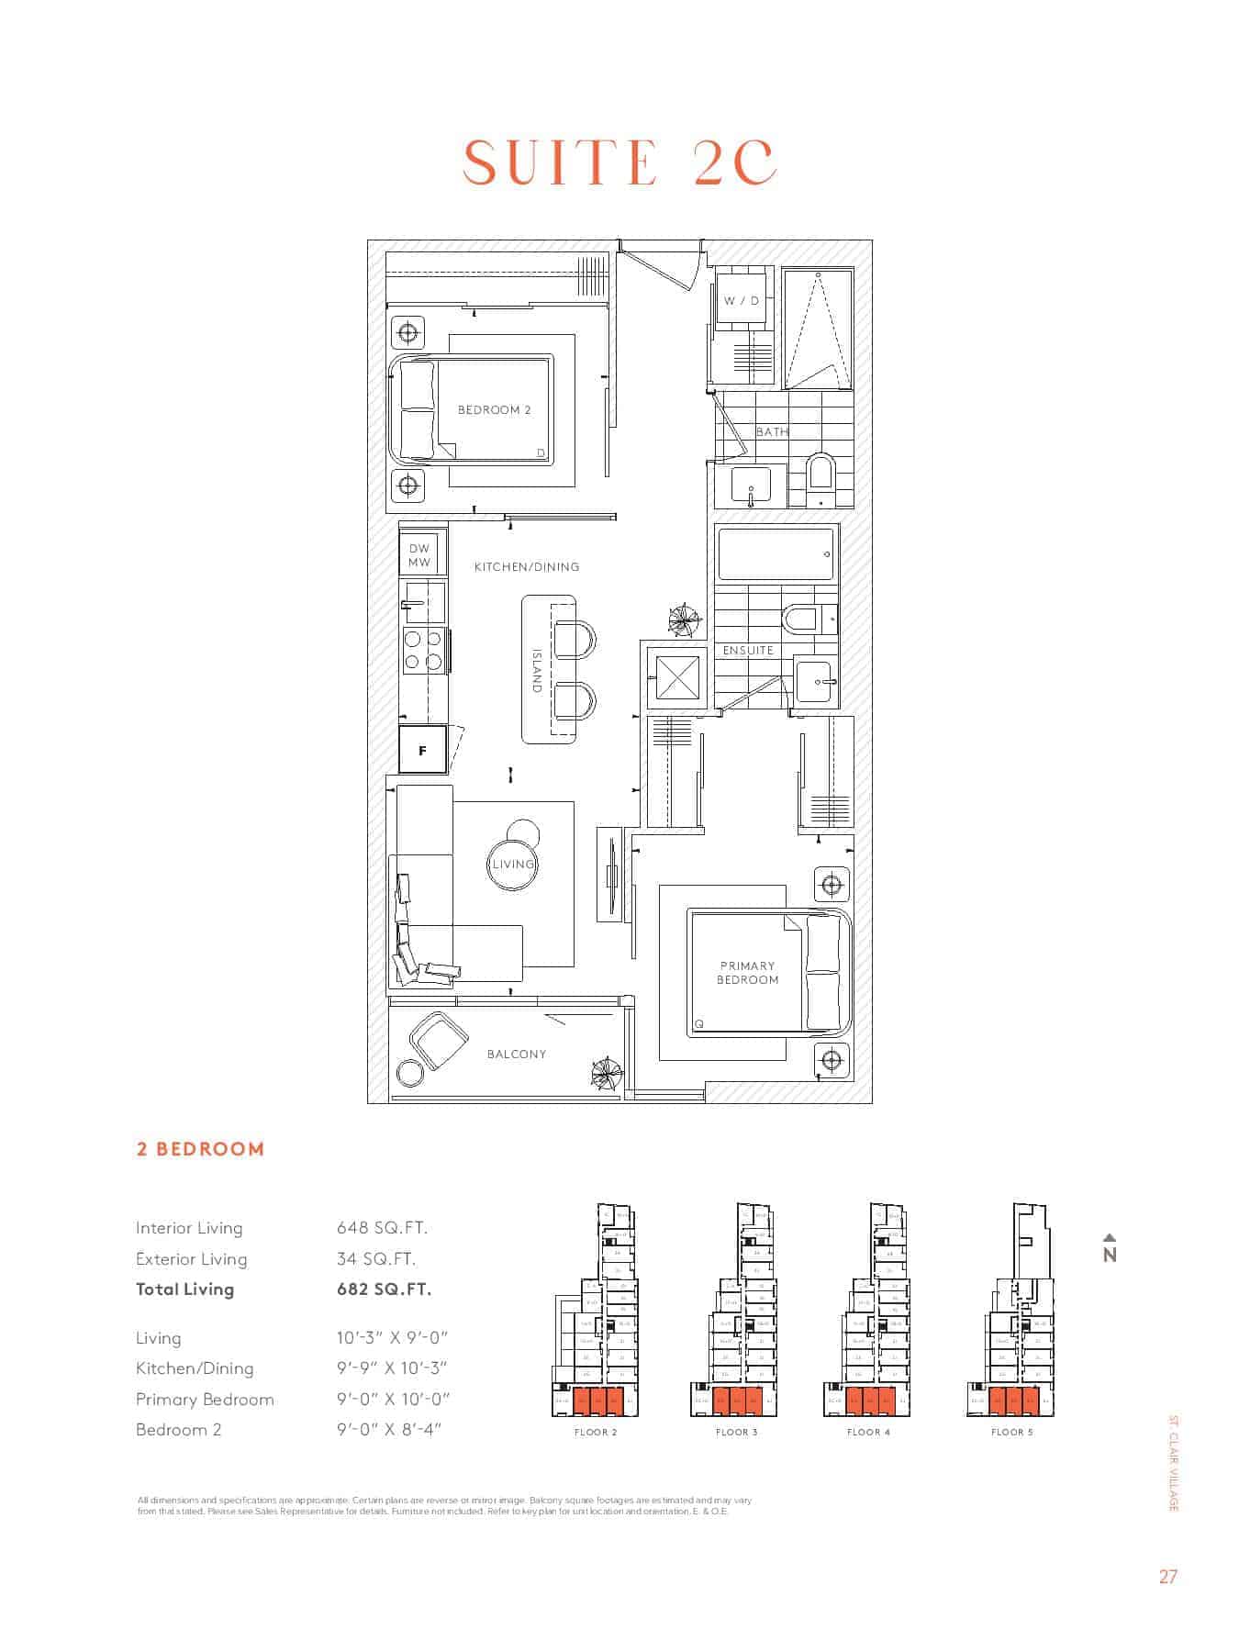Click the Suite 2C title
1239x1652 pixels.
coord(619,163)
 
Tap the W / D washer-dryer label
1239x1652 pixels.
coord(741,300)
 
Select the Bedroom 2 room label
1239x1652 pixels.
coord(494,410)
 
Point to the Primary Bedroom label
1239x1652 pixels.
coord(747,973)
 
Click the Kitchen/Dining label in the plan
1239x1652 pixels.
coord(527,567)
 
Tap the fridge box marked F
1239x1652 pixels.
coord(422,750)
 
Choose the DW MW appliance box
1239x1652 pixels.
coord(419,555)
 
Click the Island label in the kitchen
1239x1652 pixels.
coord(538,670)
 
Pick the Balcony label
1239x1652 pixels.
coord(517,1054)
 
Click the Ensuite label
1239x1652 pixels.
coord(748,651)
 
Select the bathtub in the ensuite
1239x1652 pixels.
coord(776,554)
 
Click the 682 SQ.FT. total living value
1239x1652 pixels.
coord(384,1289)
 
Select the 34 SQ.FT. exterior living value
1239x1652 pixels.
coord(375,1258)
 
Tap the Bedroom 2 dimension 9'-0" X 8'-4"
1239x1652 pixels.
coord(389,1429)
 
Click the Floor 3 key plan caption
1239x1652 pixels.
coord(736,1432)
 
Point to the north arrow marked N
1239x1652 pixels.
coord(1110,1250)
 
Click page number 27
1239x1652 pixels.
coord(1167,1577)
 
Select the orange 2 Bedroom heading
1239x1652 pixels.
coord(200,1149)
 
